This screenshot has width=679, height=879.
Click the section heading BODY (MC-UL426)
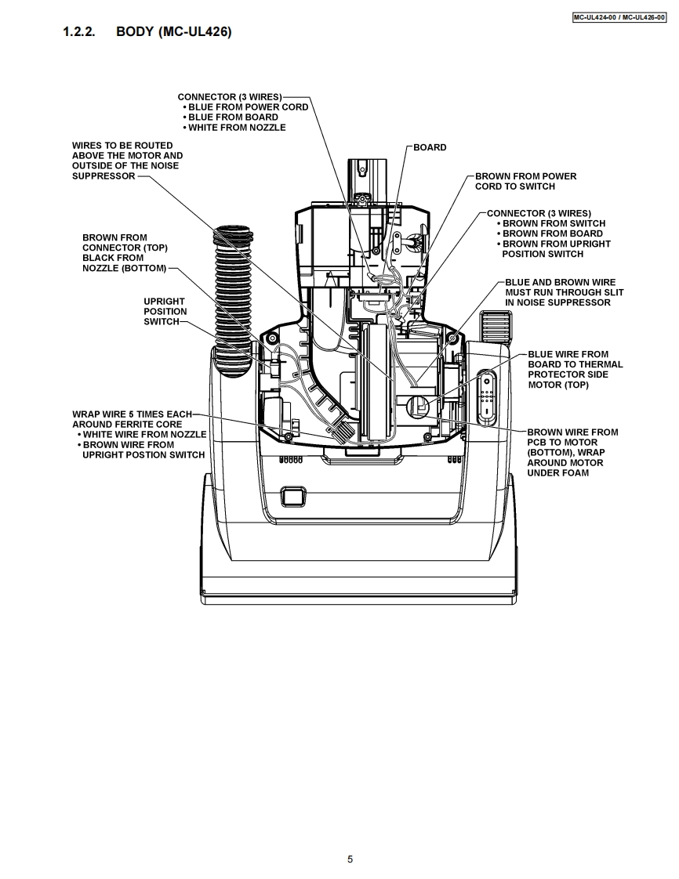173,32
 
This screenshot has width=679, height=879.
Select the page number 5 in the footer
350,859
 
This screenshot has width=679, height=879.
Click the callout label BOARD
430,147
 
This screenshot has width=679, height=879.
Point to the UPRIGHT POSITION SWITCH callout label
165,312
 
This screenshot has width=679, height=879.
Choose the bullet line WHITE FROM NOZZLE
237,127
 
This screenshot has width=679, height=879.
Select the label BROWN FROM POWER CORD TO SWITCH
525,181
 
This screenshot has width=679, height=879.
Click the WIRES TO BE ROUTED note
127,161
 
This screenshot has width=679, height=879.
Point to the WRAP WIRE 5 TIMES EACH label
132,414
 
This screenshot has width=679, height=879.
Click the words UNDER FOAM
557,472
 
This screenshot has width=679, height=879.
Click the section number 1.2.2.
79,32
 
